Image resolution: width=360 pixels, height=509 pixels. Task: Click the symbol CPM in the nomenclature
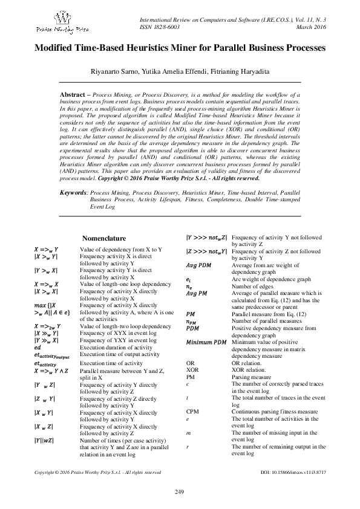click(192, 412)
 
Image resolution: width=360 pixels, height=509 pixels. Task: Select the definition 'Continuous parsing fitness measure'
click(275, 412)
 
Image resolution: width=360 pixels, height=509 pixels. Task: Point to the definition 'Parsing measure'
click(253, 376)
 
